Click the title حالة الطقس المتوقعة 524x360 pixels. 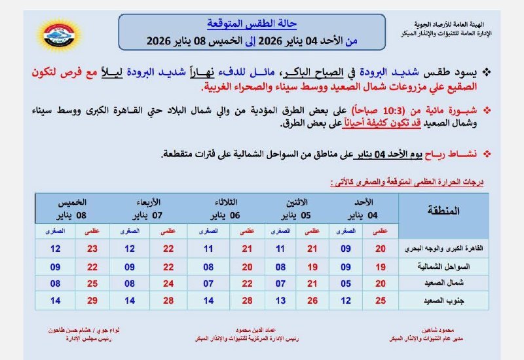(x=252, y=24)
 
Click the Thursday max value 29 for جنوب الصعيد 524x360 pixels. (x=92, y=300)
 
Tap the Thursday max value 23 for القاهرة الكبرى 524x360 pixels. (x=92, y=249)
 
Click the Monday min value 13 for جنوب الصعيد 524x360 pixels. (x=280, y=300)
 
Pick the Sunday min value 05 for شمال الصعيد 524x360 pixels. (x=345, y=283)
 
